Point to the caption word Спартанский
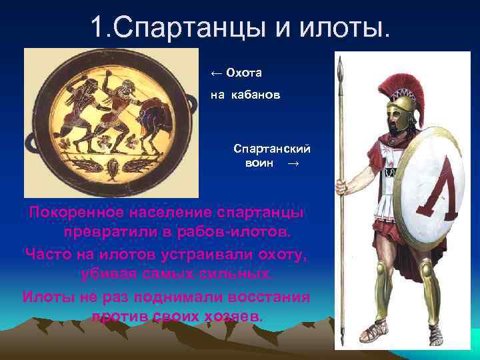point(263,149)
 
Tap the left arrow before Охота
point(215,72)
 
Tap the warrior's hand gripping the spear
point(341,186)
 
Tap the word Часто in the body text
point(47,254)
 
